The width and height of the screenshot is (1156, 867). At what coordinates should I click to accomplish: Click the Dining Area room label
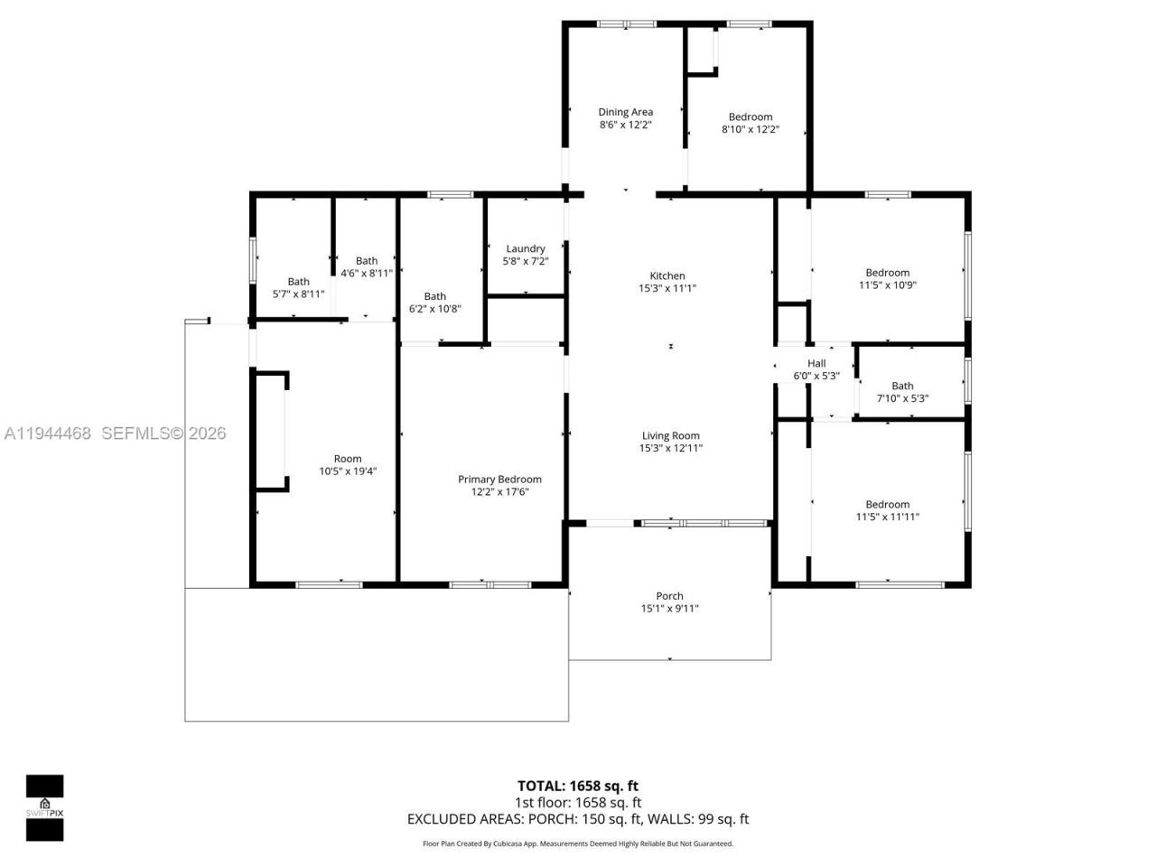click(x=625, y=113)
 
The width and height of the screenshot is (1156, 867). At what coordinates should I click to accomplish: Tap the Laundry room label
click(x=526, y=249)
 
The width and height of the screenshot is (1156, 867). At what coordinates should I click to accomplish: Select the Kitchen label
click(x=667, y=276)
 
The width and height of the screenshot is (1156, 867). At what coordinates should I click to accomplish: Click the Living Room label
click(x=670, y=436)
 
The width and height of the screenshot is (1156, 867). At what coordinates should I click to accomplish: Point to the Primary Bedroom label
click(x=499, y=480)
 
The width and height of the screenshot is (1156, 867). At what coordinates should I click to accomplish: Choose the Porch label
click(x=669, y=596)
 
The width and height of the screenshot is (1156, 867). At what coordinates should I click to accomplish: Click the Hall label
click(x=816, y=364)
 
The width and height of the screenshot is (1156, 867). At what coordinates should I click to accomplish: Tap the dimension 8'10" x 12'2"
click(x=750, y=130)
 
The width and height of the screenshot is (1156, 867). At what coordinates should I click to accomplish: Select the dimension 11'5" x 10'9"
click(x=887, y=285)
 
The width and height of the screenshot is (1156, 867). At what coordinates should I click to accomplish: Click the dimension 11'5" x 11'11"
click(x=887, y=517)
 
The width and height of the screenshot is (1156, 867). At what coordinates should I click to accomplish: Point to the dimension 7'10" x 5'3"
click(x=902, y=398)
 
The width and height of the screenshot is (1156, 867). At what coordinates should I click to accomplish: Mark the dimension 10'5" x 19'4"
click(x=348, y=471)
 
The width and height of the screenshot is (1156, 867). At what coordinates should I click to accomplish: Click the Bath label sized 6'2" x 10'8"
click(x=435, y=296)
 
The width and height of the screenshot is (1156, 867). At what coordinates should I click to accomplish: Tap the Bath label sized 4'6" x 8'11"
click(x=367, y=261)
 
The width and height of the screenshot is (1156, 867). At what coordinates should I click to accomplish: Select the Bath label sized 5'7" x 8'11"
click(x=298, y=282)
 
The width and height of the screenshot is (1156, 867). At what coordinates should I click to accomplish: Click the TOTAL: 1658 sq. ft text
click(x=577, y=786)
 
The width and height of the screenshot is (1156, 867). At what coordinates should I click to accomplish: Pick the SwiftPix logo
click(x=44, y=807)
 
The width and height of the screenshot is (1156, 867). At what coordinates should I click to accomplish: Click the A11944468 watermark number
click(x=48, y=433)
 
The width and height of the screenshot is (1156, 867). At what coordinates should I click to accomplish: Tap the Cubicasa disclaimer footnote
click(x=578, y=844)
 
